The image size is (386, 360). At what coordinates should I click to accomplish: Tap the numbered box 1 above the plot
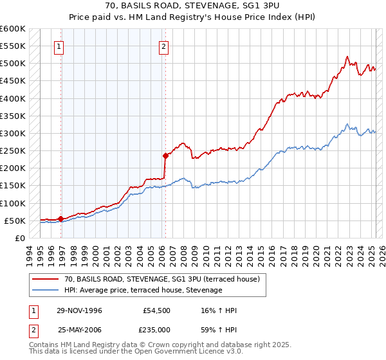[x=59, y=46]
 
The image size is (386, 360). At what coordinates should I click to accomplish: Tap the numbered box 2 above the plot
[x=164, y=46]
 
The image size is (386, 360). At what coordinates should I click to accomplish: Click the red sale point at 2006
[x=165, y=156]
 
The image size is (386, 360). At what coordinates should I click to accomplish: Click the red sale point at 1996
[x=61, y=219]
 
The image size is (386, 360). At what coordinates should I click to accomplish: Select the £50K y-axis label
[x=16, y=221]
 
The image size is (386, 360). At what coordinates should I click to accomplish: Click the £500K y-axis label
[x=14, y=64]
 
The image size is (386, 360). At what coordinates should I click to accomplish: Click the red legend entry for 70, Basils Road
[x=161, y=279]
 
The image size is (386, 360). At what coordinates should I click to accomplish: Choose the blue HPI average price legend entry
[x=143, y=291]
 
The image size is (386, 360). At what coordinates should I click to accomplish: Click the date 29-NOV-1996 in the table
[x=80, y=311]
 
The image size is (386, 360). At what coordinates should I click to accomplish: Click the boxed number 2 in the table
[x=32, y=329]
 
